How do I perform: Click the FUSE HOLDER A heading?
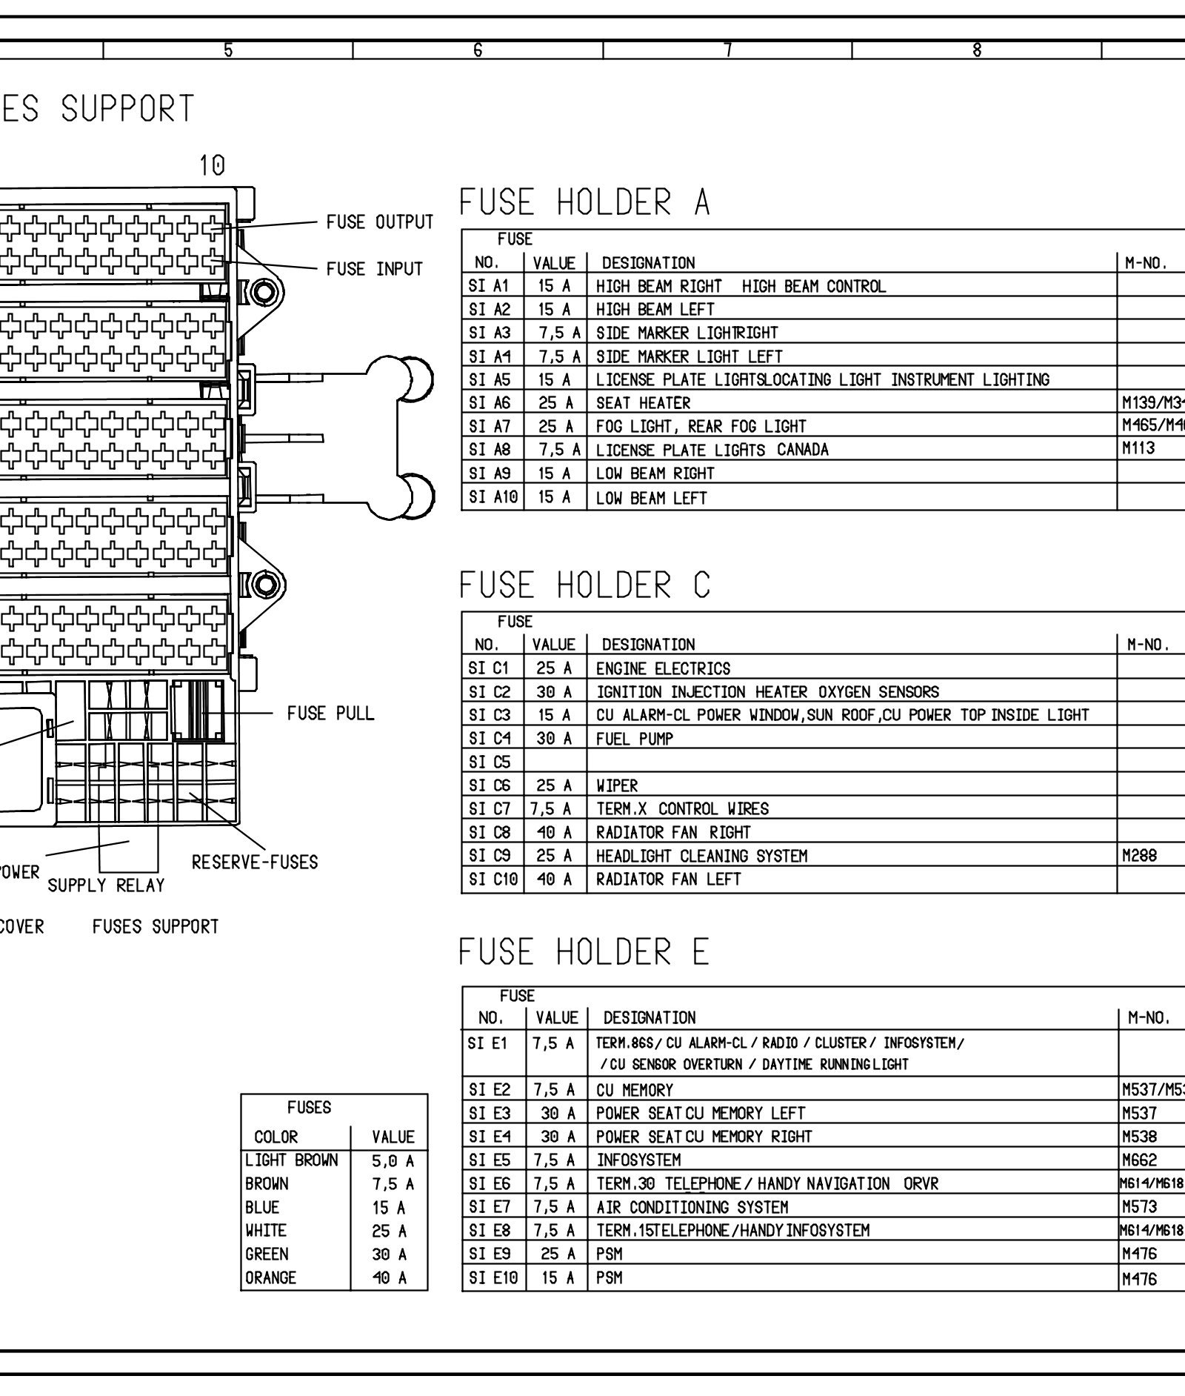(584, 202)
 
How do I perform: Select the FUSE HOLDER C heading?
(584, 585)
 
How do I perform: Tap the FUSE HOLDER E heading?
(584, 952)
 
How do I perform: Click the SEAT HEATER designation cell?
(643, 403)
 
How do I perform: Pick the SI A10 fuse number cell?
(493, 497)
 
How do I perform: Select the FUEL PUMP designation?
(635, 739)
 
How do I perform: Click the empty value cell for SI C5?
(555, 762)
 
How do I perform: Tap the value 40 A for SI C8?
(555, 832)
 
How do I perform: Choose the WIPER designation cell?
(617, 785)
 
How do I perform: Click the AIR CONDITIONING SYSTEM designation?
(692, 1207)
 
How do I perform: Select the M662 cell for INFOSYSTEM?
(1140, 1160)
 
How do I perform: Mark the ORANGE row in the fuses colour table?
(271, 1278)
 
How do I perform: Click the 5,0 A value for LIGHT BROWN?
(393, 1161)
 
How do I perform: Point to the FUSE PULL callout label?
(330, 714)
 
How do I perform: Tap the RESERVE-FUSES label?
(255, 862)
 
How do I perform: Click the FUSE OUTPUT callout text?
(380, 222)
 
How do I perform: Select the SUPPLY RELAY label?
(106, 885)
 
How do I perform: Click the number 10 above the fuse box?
(212, 166)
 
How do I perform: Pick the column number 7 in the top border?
(728, 50)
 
